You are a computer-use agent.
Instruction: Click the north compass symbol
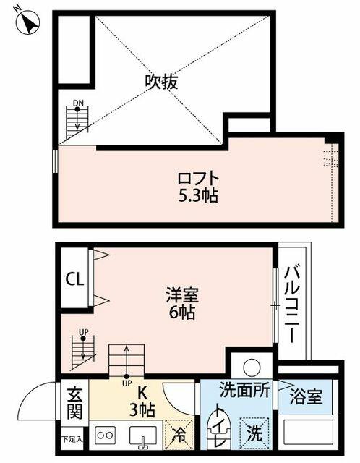(x=27, y=22)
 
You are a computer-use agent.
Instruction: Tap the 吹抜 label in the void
(x=161, y=81)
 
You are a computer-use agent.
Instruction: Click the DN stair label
(x=78, y=103)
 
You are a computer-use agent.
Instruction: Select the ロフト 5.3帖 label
(x=198, y=187)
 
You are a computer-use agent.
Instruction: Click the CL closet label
(x=74, y=279)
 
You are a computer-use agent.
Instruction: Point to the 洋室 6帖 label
(x=182, y=303)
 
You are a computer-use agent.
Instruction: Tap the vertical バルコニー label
(x=292, y=304)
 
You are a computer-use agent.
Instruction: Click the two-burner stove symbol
(x=105, y=436)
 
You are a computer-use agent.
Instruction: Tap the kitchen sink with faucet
(x=143, y=437)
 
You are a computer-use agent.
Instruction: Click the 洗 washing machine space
(x=254, y=433)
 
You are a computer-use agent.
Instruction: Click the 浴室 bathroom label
(x=306, y=396)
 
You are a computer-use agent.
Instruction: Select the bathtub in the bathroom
(x=308, y=432)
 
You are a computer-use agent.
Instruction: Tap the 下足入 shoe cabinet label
(x=72, y=439)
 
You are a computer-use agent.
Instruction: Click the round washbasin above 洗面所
(x=252, y=367)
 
